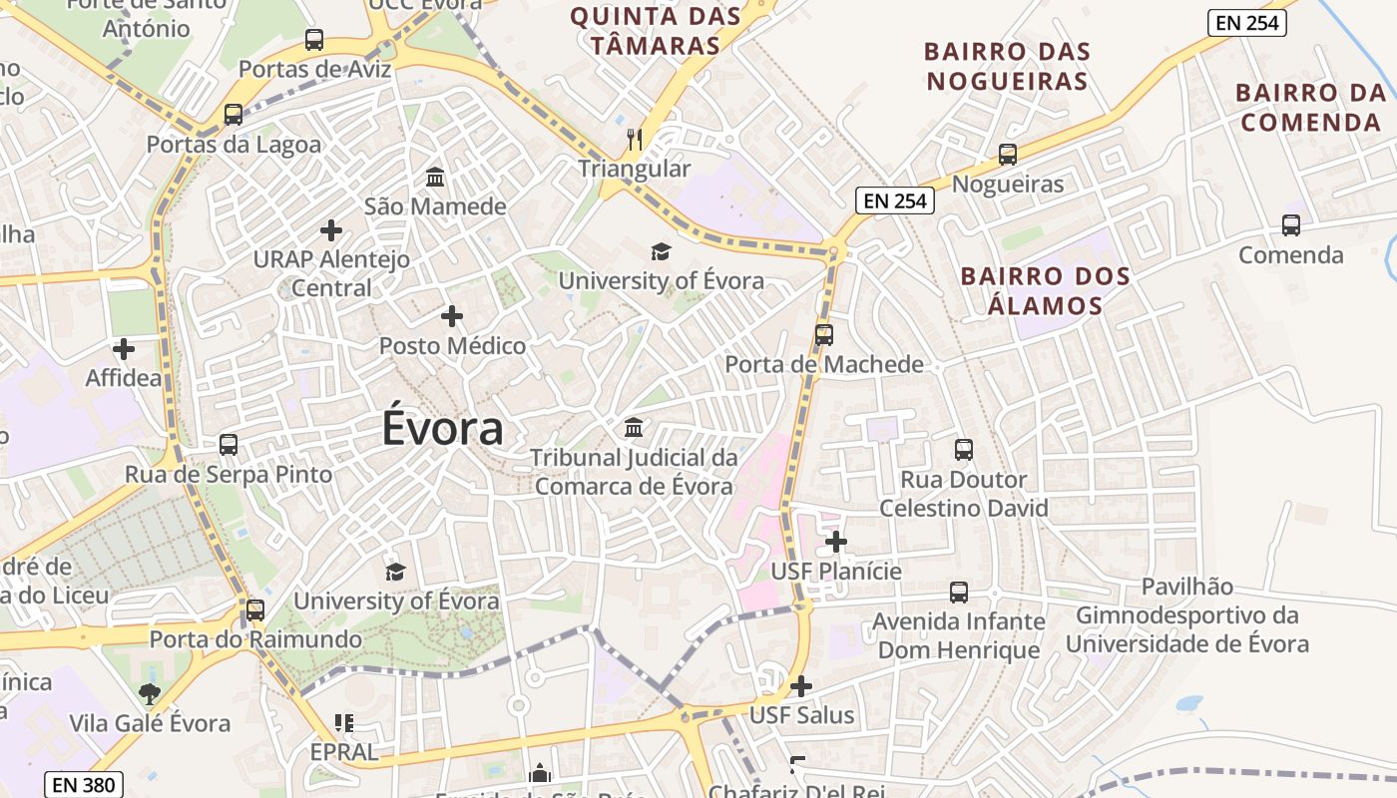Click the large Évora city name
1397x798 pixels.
(442, 429)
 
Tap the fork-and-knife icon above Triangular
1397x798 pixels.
(635, 139)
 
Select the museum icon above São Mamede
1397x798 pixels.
(435, 178)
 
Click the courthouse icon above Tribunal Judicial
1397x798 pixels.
(633, 428)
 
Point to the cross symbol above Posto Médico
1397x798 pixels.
(451, 316)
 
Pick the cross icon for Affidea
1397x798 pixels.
(124, 349)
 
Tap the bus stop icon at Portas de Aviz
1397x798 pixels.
(314, 40)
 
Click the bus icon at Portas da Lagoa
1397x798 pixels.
(233, 115)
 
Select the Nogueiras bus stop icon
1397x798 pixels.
(1008, 155)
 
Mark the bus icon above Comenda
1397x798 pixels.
(1291, 225)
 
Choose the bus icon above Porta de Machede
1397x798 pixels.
(824, 335)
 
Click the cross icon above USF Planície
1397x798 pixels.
(836, 542)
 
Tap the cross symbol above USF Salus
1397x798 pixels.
(800, 686)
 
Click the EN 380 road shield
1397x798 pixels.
(84, 785)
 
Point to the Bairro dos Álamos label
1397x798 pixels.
(1046, 290)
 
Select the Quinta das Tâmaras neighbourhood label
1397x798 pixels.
(656, 31)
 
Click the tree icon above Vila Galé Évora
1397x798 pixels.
(150, 693)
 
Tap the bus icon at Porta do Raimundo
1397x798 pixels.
(255, 609)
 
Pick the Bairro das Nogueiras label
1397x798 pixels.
(1007, 66)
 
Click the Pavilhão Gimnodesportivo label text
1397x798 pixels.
(1187, 615)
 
